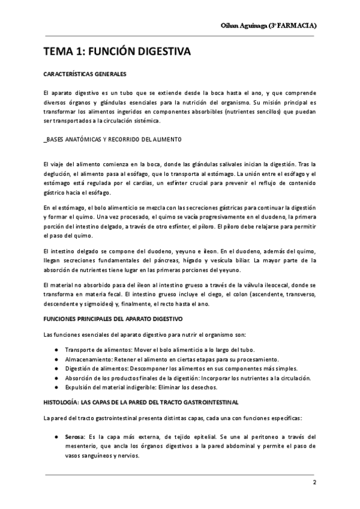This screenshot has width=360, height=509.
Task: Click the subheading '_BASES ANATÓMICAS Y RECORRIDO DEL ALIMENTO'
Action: click(112, 139)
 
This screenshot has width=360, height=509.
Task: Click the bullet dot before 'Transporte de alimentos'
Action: click(56, 349)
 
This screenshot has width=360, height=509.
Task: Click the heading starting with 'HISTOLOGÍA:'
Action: click(141, 400)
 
